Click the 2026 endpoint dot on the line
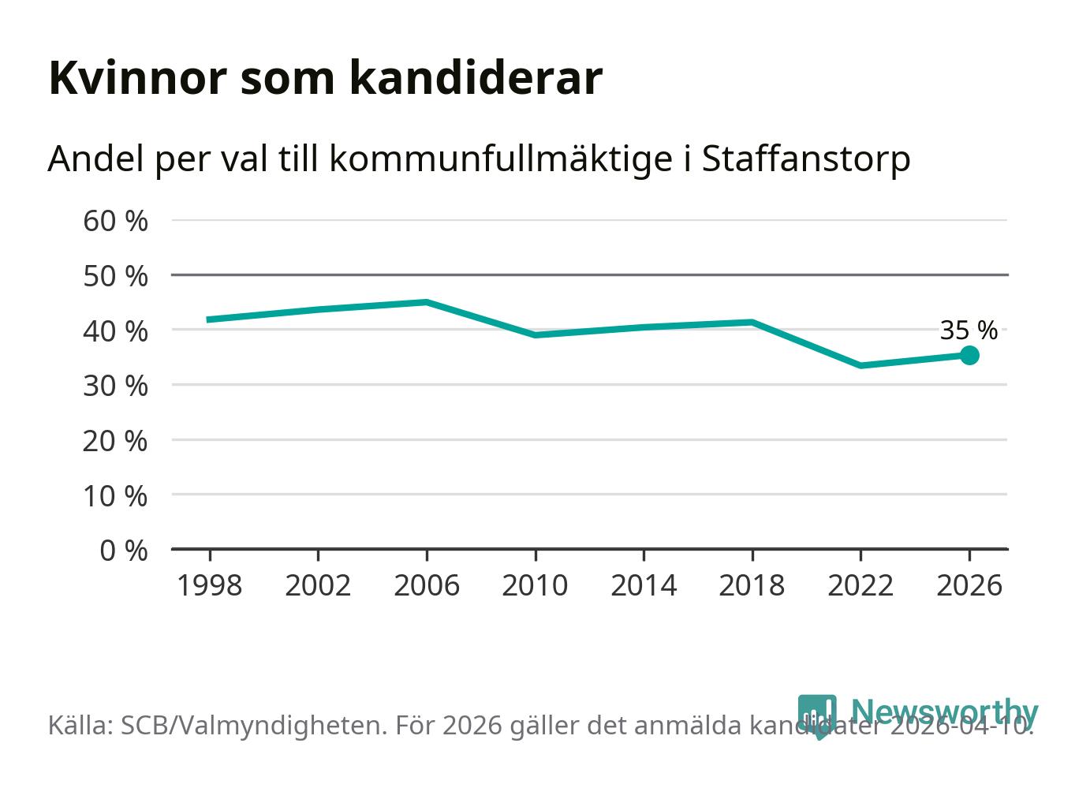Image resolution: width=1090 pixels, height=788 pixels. click(x=969, y=355)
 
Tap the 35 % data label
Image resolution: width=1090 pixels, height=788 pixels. click(x=969, y=331)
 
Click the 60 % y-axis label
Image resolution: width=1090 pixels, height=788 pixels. click(x=115, y=221)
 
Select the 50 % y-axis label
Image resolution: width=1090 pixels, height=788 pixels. click(x=115, y=276)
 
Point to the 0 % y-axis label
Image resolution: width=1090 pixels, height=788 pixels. click(x=124, y=550)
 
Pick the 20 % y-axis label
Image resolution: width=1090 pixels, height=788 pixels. click(x=115, y=440)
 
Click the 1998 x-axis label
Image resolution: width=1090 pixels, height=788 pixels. click(x=209, y=585)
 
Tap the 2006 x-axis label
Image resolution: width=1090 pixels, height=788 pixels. click(x=426, y=585)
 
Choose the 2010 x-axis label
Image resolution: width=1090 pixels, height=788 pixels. click(x=535, y=585)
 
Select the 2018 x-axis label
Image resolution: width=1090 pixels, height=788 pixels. click(x=752, y=585)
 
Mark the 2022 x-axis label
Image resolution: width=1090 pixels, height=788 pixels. click(x=860, y=585)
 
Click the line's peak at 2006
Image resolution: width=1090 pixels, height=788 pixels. click(x=426, y=302)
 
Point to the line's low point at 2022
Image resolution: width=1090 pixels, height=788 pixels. click(x=860, y=365)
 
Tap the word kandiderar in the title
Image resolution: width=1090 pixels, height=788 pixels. click(x=476, y=78)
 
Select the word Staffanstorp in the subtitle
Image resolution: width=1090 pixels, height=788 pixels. click(x=805, y=159)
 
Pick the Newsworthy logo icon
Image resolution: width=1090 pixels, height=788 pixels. click(x=817, y=715)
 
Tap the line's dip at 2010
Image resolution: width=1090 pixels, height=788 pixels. click(x=535, y=334)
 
